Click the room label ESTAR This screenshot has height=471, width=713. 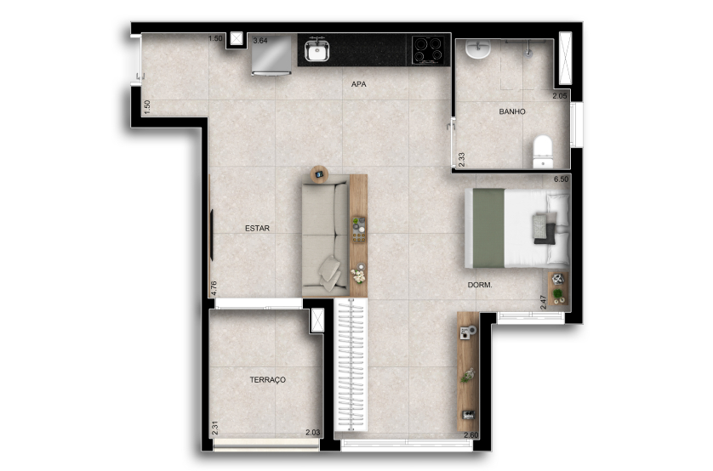coord(257,228)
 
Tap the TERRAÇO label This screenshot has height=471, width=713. coord(268,380)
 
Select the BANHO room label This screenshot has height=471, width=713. coord(512,111)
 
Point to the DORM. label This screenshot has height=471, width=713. coord(480,285)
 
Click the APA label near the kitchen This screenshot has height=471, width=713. coord(359,84)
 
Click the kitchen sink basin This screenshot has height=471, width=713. coord(317,50)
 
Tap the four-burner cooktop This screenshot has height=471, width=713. coord(427,49)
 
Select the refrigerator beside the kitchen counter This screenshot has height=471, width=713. coord(272,54)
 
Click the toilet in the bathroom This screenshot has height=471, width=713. coord(543,151)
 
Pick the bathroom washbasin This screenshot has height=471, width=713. coord(478,49)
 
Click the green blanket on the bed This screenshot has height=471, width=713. coord(489,228)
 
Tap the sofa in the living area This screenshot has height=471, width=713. coord(326,235)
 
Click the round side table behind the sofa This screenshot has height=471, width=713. coord(319,174)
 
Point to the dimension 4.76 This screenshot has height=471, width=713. coord(214,288)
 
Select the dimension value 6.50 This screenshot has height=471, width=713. coord(561,179)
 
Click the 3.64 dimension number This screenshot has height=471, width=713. coord(260,41)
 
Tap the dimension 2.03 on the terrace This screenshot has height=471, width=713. coord(313,433)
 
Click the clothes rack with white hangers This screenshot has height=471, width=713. coord(351,365)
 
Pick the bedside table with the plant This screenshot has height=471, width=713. coord(558,289)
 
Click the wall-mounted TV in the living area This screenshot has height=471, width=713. coord(212,235)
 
